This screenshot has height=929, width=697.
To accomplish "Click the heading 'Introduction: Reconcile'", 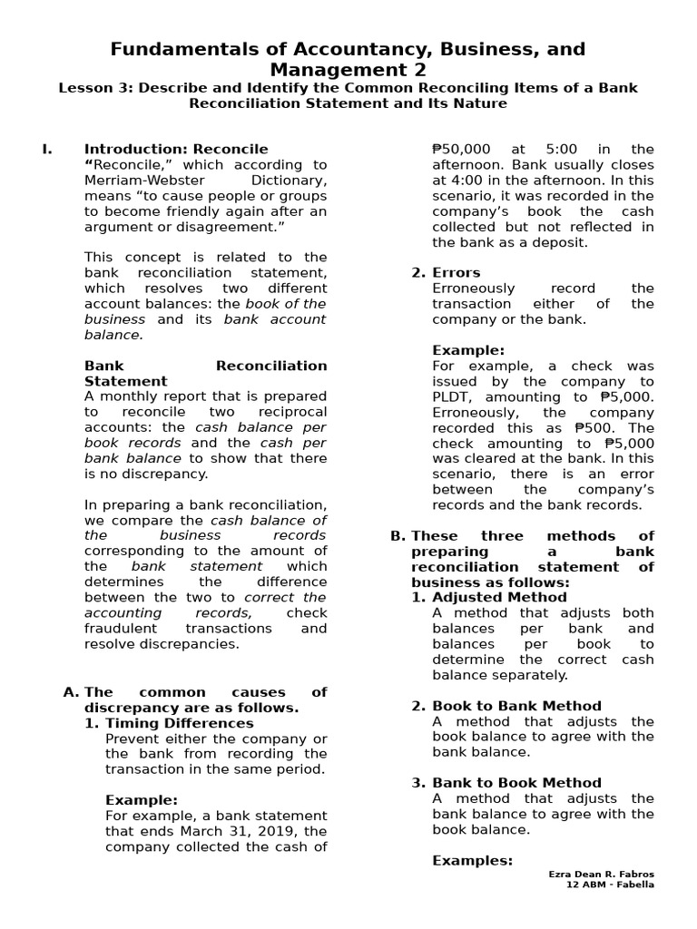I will (x=176, y=149).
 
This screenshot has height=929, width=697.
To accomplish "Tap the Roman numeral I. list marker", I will (x=46, y=149).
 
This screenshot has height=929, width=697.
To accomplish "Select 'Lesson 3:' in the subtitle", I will (x=93, y=88).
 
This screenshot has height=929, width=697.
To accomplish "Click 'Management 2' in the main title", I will (x=348, y=70).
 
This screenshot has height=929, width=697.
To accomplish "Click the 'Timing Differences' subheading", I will (x=180, y=723).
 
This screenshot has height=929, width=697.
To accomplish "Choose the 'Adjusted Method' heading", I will (x=491, y=597).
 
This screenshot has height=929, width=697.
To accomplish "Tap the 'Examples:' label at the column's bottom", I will (x=472, y=860).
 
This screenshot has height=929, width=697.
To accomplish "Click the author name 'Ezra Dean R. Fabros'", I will (x=601, y=875).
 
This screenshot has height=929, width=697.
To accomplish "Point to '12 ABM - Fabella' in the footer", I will (x=608, y=885).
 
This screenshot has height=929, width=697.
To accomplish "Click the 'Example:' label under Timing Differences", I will (x=142, y=799).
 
